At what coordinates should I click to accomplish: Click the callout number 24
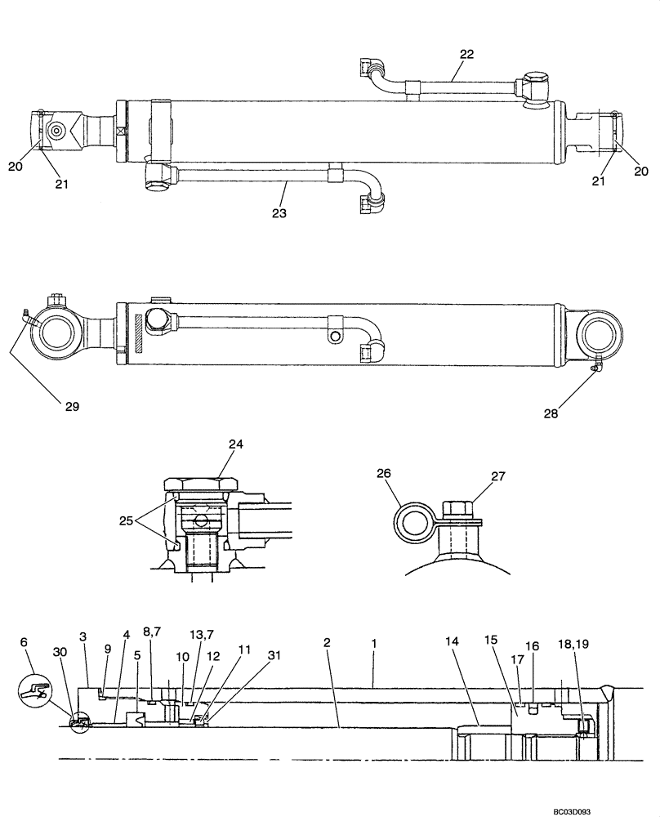coord(236,445)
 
